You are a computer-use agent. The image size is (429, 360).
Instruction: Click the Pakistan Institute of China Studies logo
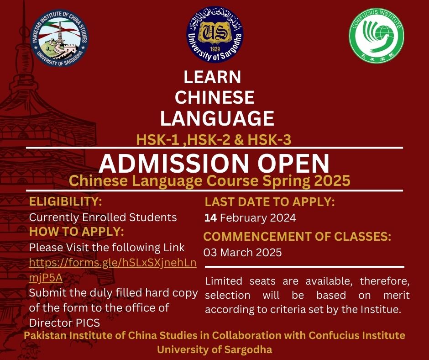59,38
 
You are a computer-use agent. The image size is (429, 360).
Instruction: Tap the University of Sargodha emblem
215,35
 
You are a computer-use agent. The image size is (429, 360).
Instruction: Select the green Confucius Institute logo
377,36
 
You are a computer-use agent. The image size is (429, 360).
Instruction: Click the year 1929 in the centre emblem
215,49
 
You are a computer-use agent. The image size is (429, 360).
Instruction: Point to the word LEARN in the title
212,77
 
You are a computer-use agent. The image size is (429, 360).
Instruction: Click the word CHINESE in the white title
215,97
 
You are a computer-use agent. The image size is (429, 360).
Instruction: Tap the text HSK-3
269,140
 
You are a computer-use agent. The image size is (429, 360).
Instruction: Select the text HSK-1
158,140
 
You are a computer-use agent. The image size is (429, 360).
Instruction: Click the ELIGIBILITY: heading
65,201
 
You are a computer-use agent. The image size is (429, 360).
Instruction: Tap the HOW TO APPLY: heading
77,232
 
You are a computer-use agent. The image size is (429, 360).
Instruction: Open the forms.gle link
112,270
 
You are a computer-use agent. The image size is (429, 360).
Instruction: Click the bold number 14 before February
211,218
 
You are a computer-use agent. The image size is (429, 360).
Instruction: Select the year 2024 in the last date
283,218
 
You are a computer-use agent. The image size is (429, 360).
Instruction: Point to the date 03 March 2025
242,252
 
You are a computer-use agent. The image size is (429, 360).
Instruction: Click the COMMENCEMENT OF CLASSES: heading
297,237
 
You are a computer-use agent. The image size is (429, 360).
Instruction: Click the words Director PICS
64,323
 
